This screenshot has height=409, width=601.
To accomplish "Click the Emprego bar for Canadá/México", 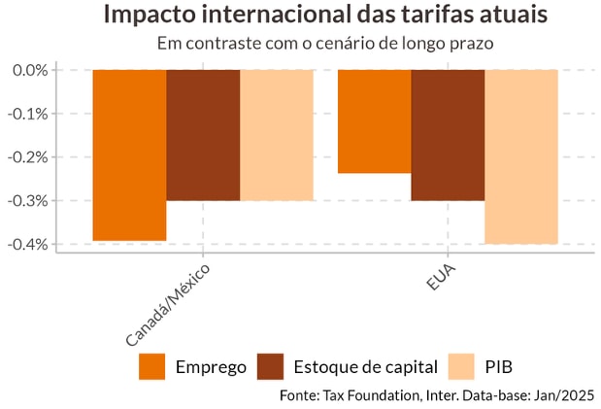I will point(129,155).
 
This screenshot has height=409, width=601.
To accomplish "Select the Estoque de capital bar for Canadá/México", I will point(203,135).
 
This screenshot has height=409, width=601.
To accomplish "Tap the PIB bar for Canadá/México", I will point(277,135).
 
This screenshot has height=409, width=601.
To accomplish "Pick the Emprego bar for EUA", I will point(374,121).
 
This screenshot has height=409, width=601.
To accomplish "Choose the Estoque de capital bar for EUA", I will point(448,135).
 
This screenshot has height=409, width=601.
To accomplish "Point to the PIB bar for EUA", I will point(521,156).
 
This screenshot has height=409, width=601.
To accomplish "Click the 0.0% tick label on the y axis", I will point(30,70).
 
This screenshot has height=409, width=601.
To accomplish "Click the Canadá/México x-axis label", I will point(167,303).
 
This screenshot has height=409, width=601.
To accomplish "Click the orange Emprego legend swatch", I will point(152,366).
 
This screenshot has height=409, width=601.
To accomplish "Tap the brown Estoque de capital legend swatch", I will point(271,366).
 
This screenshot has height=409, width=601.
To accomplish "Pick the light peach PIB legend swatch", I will point(461,366).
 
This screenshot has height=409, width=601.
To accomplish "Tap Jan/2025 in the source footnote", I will point(561,395).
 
